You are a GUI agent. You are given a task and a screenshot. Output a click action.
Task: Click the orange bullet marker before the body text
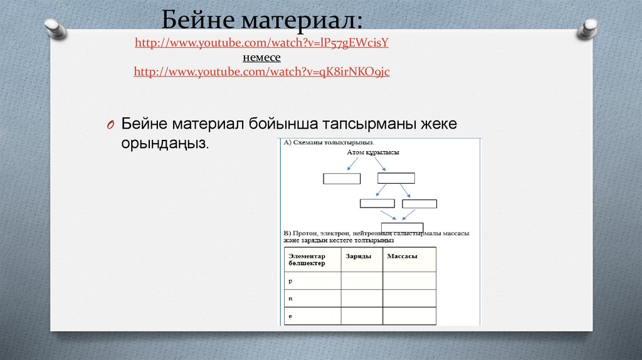point(108,124)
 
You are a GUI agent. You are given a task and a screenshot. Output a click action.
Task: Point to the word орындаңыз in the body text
point(164,144)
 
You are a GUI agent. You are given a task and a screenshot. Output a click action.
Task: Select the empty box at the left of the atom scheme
point(342,178)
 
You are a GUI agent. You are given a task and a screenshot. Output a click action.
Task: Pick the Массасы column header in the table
point(403,256)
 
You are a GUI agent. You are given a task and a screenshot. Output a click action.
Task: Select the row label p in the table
point(290,281)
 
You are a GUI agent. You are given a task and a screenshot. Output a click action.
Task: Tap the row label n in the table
point(290,299)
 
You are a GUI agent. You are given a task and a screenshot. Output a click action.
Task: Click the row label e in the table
point(290,316)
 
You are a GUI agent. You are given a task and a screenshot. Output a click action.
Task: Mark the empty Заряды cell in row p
point(362,280)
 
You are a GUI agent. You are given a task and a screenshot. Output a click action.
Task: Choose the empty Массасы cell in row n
point(409,298)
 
